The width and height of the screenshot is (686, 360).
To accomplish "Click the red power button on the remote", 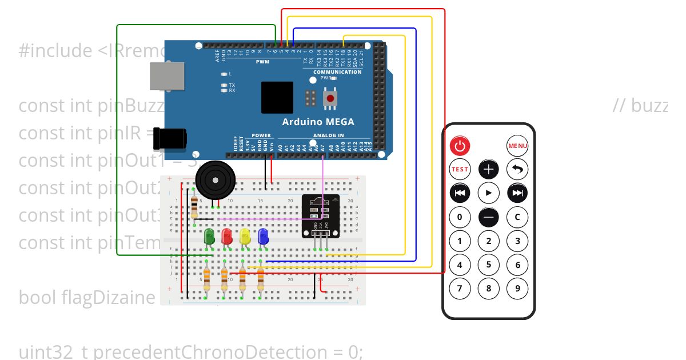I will tap(460, 146).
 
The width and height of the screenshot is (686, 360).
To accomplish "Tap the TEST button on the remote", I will tap(460, 169).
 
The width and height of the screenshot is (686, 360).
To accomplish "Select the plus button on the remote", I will tap(489, 169).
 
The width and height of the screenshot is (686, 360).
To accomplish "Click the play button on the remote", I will tap(489, 193).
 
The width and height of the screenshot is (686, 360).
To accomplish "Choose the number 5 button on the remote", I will tap(489, 265).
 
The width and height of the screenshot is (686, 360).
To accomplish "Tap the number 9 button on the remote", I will tap(517, 288).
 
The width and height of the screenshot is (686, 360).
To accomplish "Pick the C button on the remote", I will tap(517, 217).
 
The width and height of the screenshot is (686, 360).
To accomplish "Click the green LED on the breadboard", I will tap(209, 237).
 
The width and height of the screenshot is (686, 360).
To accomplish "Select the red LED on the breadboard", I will tap(227, 237).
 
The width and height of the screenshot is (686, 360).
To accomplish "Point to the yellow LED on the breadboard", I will tap(245, 237).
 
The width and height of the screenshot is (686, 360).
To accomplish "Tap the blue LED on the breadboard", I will tap(264, 237).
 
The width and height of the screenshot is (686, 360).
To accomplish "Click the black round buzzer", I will tap(215, 180).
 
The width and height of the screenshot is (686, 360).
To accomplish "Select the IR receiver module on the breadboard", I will tap(320, 216).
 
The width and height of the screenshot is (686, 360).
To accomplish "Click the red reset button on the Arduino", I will tap(330, 99).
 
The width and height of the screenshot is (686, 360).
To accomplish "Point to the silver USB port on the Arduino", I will tap(167, 75).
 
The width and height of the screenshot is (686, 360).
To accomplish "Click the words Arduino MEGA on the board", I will tap(318, 122).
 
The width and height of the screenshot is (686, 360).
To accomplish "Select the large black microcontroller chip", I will tap(277, 97).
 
